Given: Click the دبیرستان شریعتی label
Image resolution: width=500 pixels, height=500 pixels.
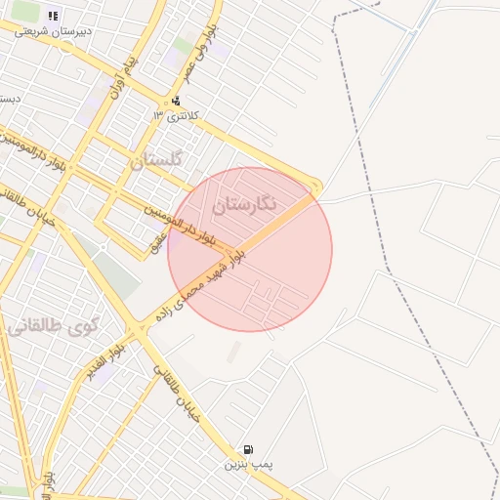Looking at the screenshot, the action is click(53, 31).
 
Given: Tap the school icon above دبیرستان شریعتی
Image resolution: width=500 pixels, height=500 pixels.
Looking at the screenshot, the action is click(52, 16).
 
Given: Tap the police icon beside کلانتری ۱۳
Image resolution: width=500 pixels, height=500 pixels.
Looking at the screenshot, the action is click(176, 101).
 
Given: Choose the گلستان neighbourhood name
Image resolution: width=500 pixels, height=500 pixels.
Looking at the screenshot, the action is click(156, 159).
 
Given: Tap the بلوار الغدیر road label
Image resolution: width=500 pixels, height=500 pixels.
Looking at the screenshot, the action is click(105, 362).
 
